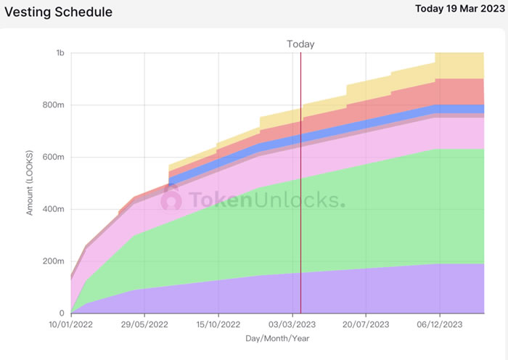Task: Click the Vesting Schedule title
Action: [59, 12]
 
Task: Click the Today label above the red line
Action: [300, 44]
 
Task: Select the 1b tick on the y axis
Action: [60, 53]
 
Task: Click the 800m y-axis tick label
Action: [54, 105]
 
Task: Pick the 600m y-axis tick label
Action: [54, 157]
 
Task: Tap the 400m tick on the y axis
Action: [54, 210]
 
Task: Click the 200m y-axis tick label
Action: [54, 261]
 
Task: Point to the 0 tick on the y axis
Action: [63, 314]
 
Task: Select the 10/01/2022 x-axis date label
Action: [71, 325]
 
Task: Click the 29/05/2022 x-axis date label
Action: [144, 325]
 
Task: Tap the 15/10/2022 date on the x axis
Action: [218, 325]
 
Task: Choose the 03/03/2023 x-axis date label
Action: [292, 325]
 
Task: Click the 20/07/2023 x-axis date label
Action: [366, 325]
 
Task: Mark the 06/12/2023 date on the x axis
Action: [440, 325]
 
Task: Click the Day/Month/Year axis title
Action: [278, 339]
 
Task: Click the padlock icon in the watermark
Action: [171, 197]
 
